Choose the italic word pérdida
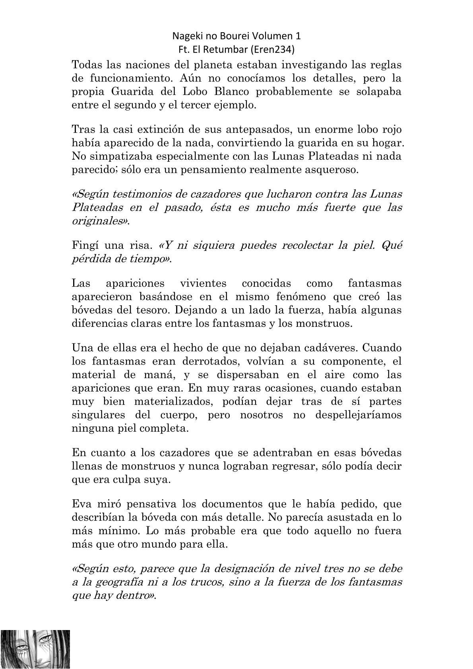[x=89, y=259]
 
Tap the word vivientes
[x=203, y=283]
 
